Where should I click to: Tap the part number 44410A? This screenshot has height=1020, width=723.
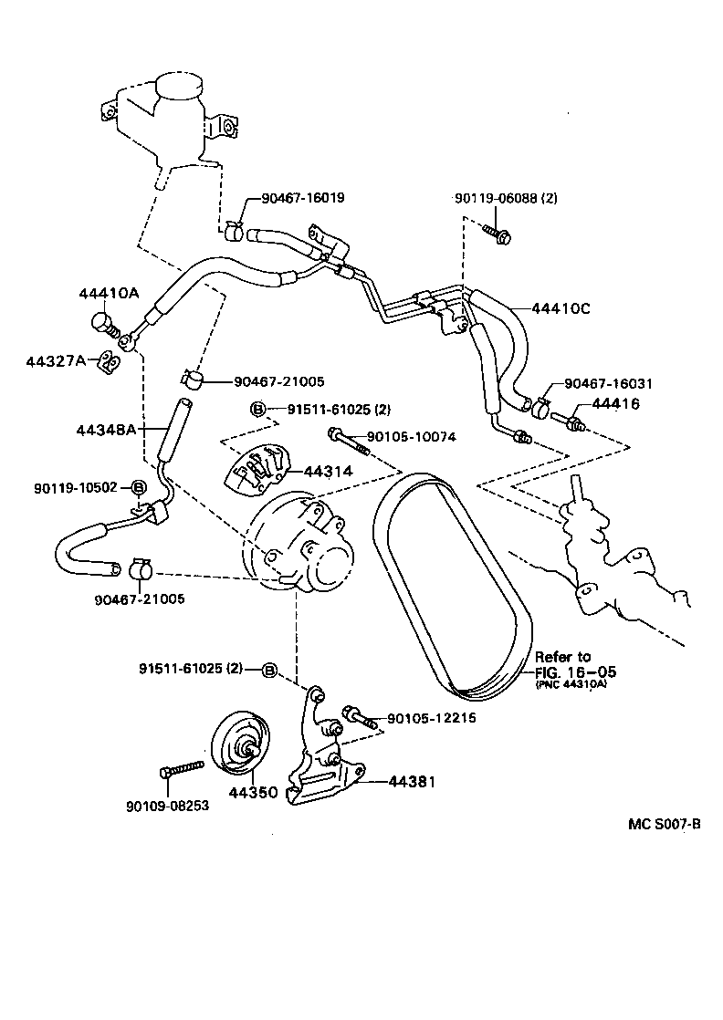coord(108,294)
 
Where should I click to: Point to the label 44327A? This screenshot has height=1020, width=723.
coord(56,360)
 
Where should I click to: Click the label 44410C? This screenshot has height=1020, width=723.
coord(560,308)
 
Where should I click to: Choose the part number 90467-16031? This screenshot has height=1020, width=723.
coord(608,384)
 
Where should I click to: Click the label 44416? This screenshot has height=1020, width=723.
coord(615,403)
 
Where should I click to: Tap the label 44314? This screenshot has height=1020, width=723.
coord(327,472)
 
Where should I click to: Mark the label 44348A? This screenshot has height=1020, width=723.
coord(108,427)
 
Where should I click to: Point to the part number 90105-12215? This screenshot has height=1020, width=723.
coord(431,718)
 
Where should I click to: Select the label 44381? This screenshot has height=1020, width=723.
coord(412,782)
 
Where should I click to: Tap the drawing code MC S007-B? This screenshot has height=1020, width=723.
coord(665,824)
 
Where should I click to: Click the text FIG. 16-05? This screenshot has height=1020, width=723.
coord(576,671)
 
